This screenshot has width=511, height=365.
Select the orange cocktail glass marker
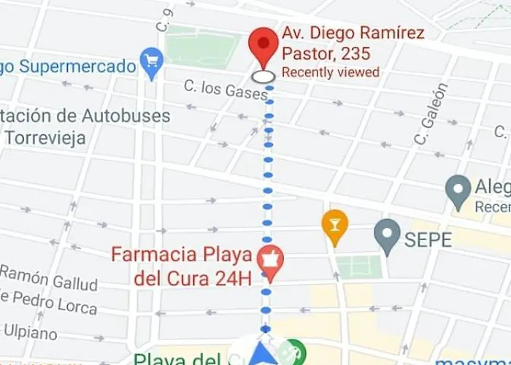point(335,226)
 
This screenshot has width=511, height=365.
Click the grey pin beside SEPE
point(387,235)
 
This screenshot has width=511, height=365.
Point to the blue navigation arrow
point(261,356)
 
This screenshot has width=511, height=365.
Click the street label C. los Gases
point(216,91)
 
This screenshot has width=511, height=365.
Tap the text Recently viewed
point(331,72)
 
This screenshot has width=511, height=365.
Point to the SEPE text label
point(428,239)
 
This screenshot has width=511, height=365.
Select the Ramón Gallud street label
point(49,277)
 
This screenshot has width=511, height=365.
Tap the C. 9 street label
point(164,20)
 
